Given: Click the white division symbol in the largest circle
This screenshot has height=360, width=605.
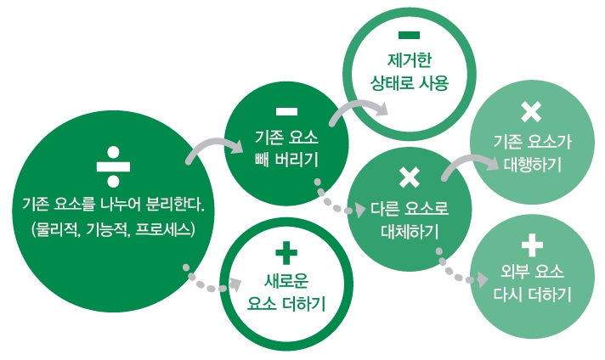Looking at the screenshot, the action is click(113, 167).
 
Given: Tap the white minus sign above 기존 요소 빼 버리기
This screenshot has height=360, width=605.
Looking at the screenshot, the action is click(286, 112).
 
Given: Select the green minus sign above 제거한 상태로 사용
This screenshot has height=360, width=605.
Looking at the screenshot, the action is click(409, 36).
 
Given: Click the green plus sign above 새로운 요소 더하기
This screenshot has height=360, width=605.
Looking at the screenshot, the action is click(286, 253).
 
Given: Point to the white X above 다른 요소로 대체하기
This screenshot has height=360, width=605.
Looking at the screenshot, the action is click(410, 177).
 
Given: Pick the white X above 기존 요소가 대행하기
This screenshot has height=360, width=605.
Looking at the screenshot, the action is click(531, 112).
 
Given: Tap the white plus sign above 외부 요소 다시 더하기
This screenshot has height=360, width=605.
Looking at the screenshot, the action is click(532, 245).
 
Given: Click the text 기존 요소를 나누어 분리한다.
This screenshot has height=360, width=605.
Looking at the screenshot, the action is click(113, 205).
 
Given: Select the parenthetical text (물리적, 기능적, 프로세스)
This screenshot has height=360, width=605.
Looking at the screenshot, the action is click(113, 230).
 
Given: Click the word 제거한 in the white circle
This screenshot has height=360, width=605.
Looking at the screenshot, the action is click(410, 60).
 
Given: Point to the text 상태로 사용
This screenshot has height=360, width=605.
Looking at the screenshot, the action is click(410, 83).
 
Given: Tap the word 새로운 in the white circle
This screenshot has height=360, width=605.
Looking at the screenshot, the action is click(286, 280).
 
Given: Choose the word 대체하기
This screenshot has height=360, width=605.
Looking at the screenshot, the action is click(410, 232).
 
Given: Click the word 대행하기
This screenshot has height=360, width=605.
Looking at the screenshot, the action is click(533, 164).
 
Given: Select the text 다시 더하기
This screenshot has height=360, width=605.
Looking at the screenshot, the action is click(533, 295).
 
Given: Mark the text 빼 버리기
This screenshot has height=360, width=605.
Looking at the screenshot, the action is click(286, 160).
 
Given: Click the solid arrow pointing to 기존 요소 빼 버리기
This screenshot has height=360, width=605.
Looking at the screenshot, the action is click(212, 143).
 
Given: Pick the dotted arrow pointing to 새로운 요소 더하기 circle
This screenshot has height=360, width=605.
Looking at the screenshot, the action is click(208, 285).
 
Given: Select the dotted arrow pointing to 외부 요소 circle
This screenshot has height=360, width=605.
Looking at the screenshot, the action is click(455, 274).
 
